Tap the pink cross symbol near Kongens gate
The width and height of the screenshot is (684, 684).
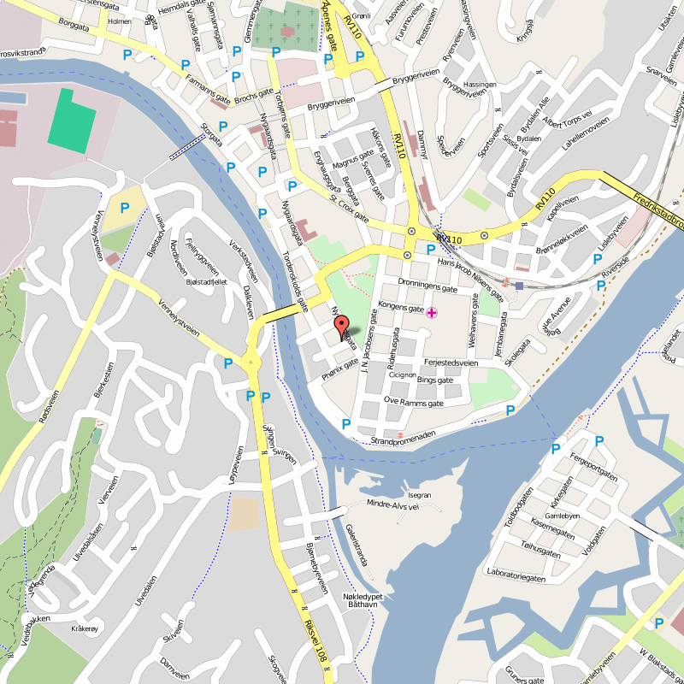pyautogui.click(x=432, y=313)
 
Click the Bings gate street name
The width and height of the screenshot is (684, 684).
pyautogui.click(x=434, y=379)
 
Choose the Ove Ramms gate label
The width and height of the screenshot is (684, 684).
pyautogui.click(x=414, y=402)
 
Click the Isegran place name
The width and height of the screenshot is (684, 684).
pyautogui.click(x=420, y=495)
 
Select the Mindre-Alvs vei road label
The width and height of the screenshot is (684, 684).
pyautogui.click(x=393, y=505)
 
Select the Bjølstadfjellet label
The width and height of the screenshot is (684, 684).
pyautogui.click(x=206, y=281)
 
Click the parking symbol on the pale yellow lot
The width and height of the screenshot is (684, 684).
pyautogui.click(x=125, y=208)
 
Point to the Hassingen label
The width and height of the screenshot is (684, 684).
pyautogui.click(x=480, y=85)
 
